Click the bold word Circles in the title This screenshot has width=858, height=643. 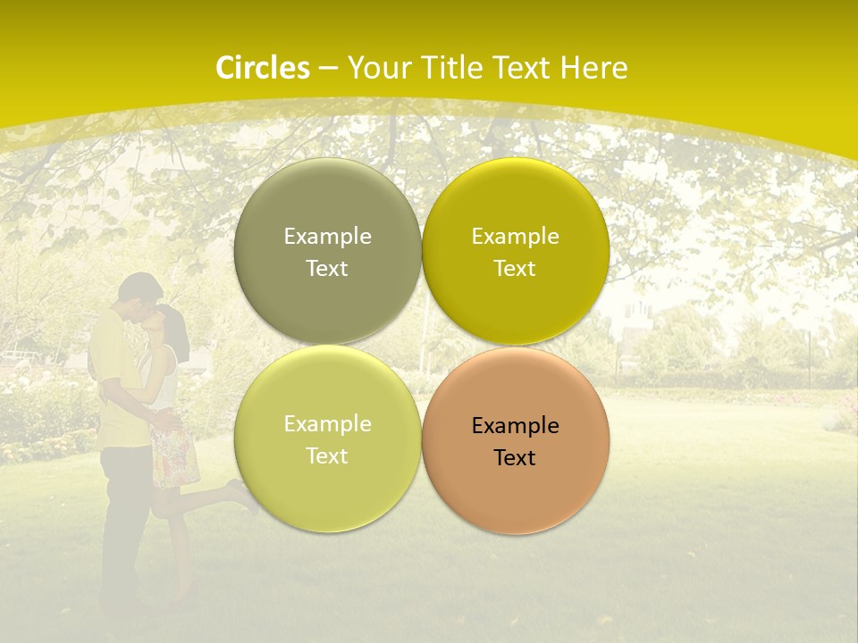click(x=263, y=68)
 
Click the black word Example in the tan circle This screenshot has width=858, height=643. click(x=515, y=426)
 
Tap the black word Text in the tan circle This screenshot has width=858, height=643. click(x=515, y=458)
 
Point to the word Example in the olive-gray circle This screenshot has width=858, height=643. click(x=327, y=237)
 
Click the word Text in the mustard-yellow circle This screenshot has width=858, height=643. click(x=515, y=269)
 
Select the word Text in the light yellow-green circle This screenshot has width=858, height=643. click(x=327, y=456)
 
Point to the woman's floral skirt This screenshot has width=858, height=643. click(x=175, y=456)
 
